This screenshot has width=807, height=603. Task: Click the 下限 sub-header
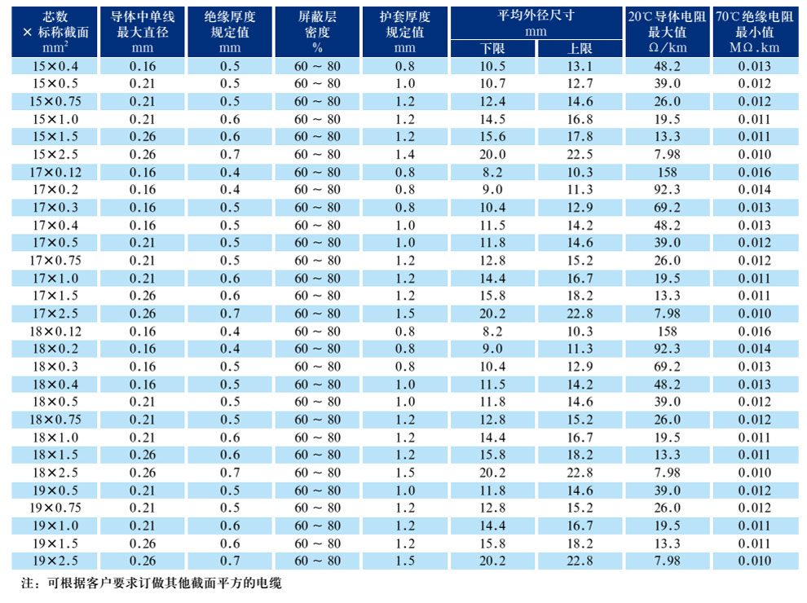(493, 48)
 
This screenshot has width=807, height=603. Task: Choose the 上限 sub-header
(580, 48)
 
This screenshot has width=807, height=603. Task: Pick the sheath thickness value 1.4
(404, 155)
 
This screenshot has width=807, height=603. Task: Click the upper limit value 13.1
(580, 66)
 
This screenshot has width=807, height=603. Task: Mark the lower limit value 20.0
(493, 155)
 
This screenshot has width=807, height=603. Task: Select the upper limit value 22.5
(580, 155)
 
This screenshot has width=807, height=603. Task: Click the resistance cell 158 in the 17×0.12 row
(667, 172)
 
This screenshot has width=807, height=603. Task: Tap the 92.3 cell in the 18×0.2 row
(667, 349)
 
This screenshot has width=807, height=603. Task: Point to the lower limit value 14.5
(493, 119)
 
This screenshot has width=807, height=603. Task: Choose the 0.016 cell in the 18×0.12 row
(754, 331)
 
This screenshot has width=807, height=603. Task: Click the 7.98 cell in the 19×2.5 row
(667, 561)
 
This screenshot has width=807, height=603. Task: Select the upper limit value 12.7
(580, 84)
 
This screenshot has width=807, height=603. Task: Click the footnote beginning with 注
(151, 583)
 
